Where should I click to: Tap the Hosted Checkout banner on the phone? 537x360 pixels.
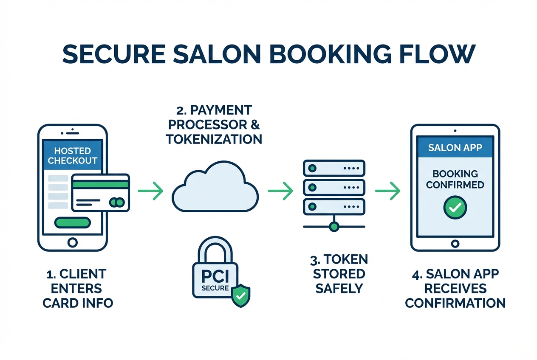pyautogui.click(x=72, y=156)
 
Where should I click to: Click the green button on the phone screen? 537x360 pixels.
pyautogui.click(x=72, y=223)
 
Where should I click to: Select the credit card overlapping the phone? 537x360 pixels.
pyautogui.click(x=100, y=192)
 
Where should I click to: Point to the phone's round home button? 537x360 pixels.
pyautogui.click(x=73, y=242)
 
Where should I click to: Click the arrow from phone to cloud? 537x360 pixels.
pyautogui.click(x=151, y=191)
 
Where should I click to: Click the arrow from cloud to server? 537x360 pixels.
pyautogui.click(x=281, y=191)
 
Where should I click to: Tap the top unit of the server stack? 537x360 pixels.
pyautogui.click(x=334, y=168)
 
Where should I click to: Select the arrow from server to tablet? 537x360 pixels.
pyautogui.click(x=387, y=191)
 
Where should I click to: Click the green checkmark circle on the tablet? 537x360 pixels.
pyautogui.click(x=455, y=208)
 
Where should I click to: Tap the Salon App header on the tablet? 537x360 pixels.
pyautogui.click(x=455, y=148)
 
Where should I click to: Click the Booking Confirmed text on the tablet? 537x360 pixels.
pyautogui.click(x=455, y=179)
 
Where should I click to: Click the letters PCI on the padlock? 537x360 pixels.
pyautogui.click(x=215, y=276)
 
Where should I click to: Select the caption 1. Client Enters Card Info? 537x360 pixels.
pyautogui.click(x=78, y=288)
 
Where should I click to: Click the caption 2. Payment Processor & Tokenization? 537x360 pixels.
pyautogui.click(x=215, y=125)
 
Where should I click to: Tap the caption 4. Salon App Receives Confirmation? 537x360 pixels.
pyautogui.click(x=455, y=288)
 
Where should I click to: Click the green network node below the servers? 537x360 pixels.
pyautogui.click(x=334, y=227)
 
